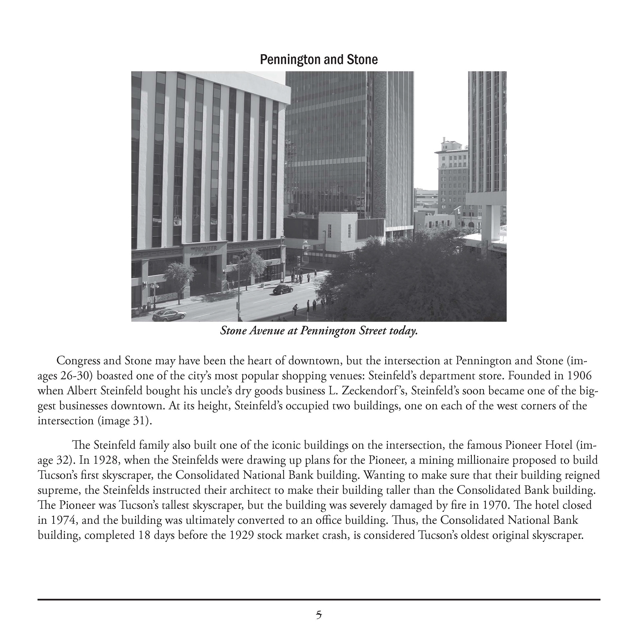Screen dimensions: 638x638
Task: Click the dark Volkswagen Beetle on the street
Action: click(282, 289)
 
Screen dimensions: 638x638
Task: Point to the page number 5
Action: click(319, 615)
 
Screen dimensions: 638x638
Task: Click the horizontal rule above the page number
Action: click(319, 599)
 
